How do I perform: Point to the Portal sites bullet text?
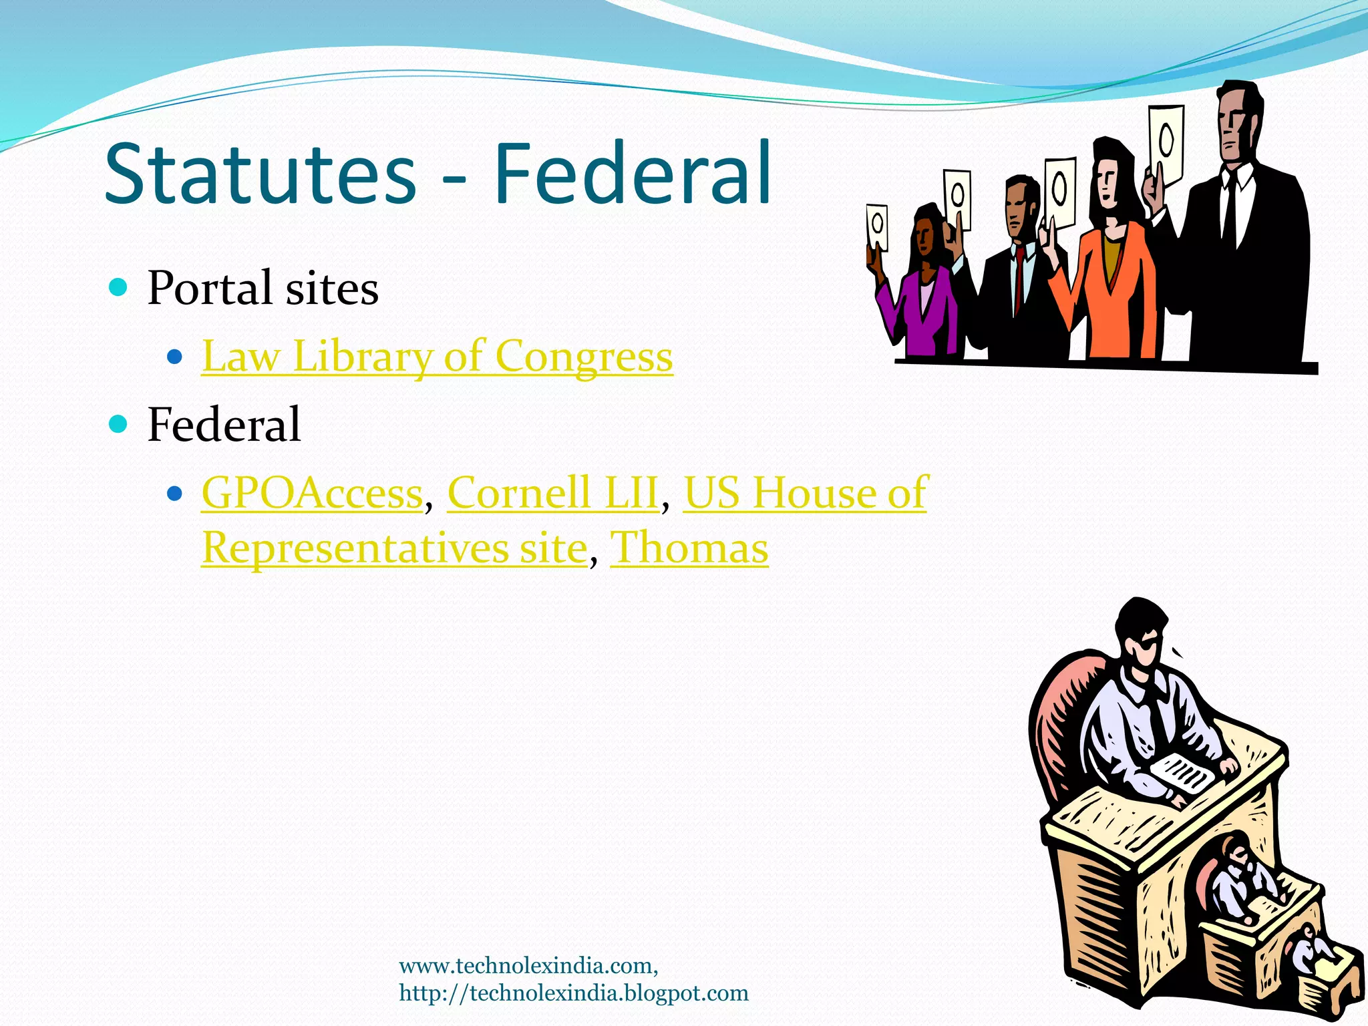(x=263, y=289)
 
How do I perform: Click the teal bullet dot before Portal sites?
(x=118, y=287)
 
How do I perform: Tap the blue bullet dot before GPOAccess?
(x=174, y=494)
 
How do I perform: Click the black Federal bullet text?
(x=224, y=425)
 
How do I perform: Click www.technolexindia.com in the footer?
(x=527, y=966)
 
